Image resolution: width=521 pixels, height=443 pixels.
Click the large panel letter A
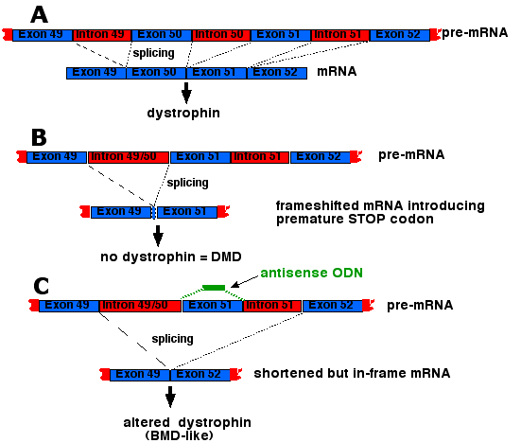(39, 15)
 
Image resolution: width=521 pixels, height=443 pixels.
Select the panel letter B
(39, 137)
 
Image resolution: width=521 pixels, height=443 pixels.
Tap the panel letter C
(42, 286)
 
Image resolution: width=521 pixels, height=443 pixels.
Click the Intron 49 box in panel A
(102, 35)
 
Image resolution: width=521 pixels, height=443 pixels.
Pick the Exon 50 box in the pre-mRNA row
(162, 35)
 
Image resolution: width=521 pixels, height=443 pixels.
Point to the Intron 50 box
(221, 35)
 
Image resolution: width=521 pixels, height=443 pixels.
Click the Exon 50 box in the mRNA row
(156, 73)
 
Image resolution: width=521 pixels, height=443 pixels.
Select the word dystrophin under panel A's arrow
(183, 113)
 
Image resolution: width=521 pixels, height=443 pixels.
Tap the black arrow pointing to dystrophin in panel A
(186, 93)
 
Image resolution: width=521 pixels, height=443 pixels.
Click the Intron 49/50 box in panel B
(129, 157)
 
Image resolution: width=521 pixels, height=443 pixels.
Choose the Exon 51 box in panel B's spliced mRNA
(187, 212)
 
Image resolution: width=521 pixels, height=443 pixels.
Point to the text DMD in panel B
(226, 257)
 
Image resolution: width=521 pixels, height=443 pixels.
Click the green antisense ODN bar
(214, 288)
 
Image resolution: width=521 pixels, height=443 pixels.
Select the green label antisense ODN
(311, 273)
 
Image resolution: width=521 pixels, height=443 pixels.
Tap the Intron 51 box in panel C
(272, 306)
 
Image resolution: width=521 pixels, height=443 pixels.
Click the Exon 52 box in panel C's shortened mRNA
(200, 375)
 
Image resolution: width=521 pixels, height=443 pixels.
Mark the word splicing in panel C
(172, 339)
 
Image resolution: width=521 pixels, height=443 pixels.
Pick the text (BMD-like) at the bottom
(180, 435)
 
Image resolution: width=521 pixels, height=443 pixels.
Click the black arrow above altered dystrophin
(170, 397)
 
